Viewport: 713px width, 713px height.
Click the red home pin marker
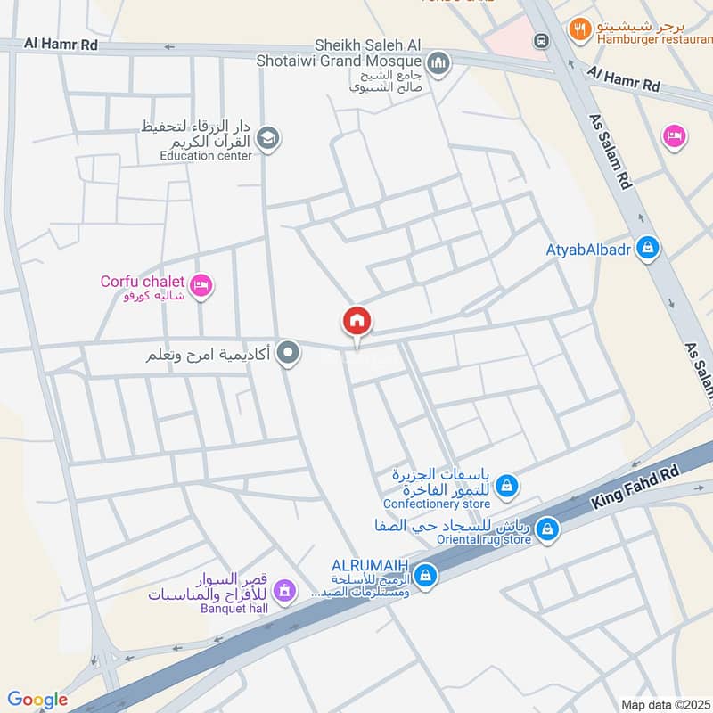pyautogui.click(x=356, y=321)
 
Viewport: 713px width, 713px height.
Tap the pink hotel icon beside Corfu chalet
pyautogui.click(x=201, y=285)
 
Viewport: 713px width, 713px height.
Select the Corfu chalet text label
pyautogui.click(x=143, y=282)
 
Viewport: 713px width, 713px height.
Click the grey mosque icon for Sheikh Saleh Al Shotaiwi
pyautogui.click(x=438, y=62)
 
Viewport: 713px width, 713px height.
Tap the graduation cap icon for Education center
pyautogui.click(x=267, y=138)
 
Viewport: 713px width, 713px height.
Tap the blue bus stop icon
pyautogui.click(x=540, y=41)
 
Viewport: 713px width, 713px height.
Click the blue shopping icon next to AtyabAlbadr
pyautogui.click(x=648, y=249)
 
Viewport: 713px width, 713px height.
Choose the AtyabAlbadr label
pyautogui.click(x=588, y=250)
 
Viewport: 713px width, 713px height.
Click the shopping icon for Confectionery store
pyautogui.click(x=506, y=486)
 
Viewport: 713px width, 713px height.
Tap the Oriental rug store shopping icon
pyautogui.click(x=547, y=530)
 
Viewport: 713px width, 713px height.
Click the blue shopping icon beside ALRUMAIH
pyautogui.click(x=426, y=575)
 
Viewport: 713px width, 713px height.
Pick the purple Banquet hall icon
pyautogui.click(x=284, y=589)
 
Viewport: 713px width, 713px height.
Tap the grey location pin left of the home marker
pyautogui.click(x=288, y=354)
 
